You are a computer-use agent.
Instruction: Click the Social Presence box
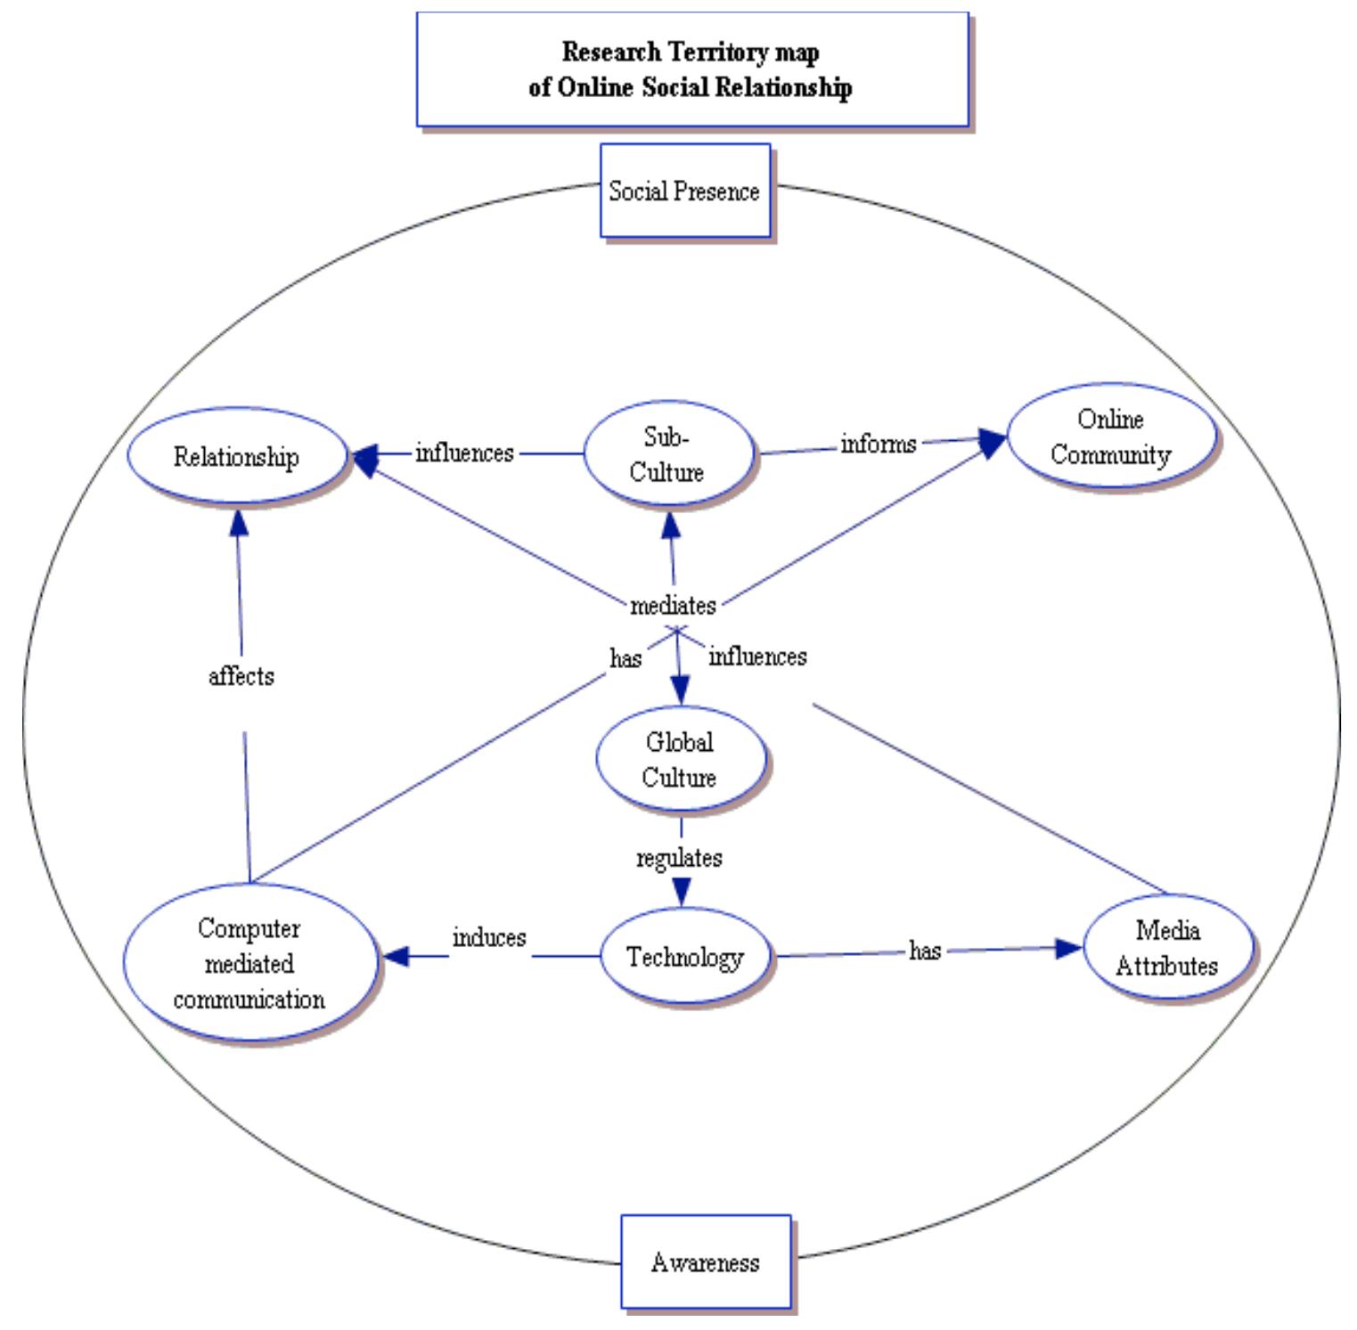(684, 191)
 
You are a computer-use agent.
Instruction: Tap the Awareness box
(706, 1261)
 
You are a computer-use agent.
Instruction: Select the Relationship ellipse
(236, 456)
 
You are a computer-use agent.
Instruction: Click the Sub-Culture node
(667, 454)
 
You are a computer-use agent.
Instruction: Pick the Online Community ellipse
(1110, 437)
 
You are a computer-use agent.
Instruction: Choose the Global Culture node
(680, 759)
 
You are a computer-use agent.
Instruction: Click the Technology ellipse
(684, 957)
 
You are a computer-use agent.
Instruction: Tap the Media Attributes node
(1167, 948)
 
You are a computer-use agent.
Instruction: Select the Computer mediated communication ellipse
(249, 963)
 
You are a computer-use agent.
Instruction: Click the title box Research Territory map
(691, 69)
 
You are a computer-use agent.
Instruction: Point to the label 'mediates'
(673, 606)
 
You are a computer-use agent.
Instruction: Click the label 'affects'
(241, 676)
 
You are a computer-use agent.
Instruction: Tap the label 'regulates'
(679, 858)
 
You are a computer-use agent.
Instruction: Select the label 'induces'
(489, 937)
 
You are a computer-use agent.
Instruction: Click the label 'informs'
(879, 444)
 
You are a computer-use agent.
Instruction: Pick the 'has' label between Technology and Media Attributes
(925, 951)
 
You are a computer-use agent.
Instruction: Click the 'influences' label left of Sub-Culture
(464, 453)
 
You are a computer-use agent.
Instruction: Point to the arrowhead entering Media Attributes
(1068, 948)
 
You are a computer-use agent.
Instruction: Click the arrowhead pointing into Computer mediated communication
(395, 957)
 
